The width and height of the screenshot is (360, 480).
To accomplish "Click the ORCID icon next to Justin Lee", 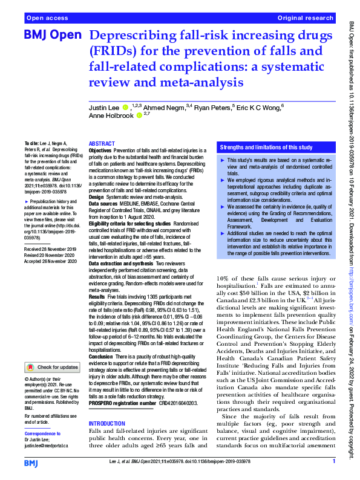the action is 125,108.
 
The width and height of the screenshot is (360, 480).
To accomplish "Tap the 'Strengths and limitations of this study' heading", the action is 266,147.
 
